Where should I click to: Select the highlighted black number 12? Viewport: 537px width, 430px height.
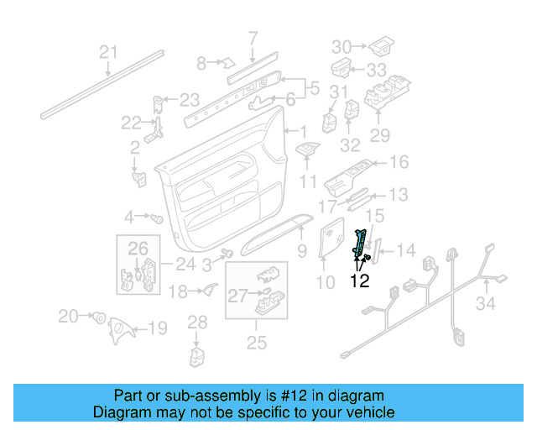pos(359,282)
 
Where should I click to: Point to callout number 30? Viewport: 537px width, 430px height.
pos(341,45)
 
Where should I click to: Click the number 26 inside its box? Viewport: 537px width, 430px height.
pos(138,248)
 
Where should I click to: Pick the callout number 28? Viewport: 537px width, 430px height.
pos(196,322)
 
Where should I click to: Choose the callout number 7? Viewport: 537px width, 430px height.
pos(253,37)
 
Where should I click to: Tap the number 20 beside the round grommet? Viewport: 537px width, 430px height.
pos(68,316)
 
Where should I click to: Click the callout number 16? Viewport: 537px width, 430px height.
pos(398,162)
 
